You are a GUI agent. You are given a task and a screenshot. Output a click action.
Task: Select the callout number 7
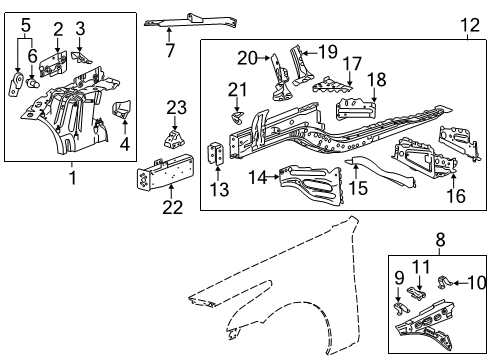click(x=170, y=50)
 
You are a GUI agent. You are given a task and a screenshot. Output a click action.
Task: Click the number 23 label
click(x=176, y=107)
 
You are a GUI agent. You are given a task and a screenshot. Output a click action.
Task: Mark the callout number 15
click(x=357, y=187)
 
